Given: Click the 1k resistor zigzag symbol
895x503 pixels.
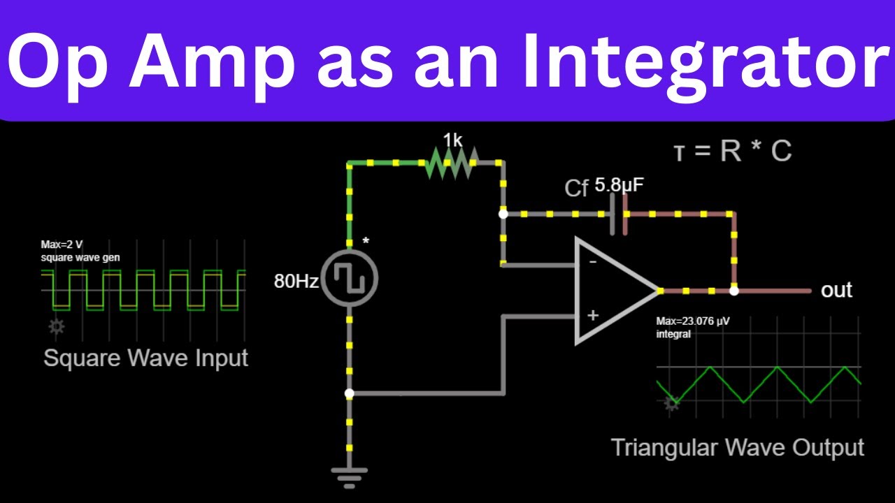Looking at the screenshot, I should pos(451,164).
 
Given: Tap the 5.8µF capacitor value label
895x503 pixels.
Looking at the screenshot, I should pos(619,185).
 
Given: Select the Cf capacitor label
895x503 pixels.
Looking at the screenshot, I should pos(576,188).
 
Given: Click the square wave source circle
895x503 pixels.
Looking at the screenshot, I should pos(350,279).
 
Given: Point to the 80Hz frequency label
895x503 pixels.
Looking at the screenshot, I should pos(296,282).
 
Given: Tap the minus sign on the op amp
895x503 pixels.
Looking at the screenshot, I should pos(592,262).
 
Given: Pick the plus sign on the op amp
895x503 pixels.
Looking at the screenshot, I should pos(592,315).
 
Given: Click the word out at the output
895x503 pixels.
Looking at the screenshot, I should pos(836,290).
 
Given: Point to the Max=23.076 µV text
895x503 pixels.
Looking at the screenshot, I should pos(692,322).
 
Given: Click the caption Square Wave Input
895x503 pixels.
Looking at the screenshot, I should pos(145,358).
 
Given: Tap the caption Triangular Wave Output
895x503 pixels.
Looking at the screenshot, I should pos(738,447).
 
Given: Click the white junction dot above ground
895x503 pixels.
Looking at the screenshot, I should pos(350,394).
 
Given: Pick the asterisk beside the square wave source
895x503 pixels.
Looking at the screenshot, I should pos(365,242).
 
